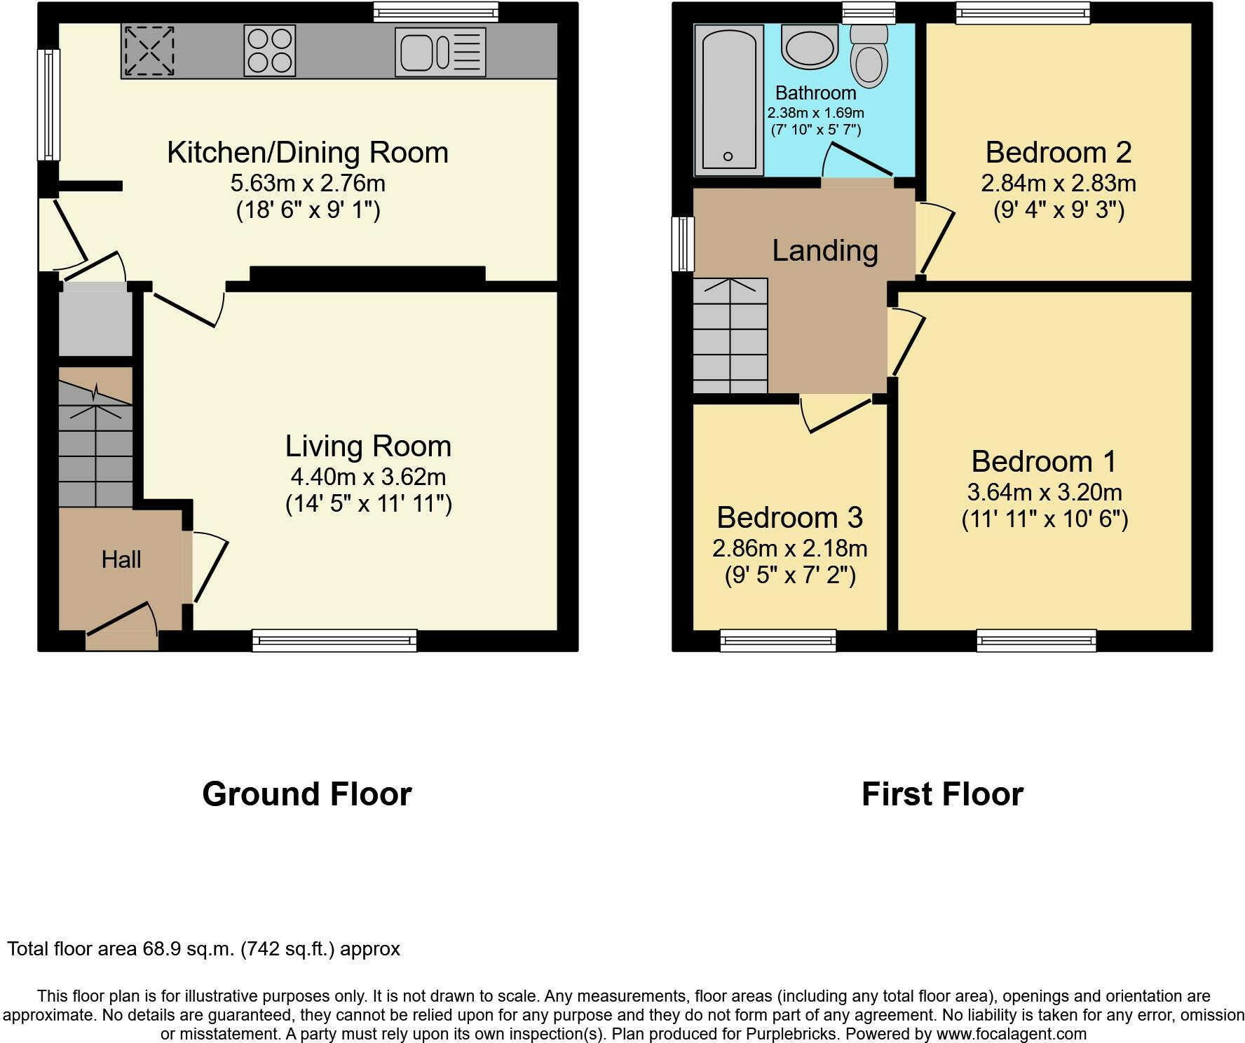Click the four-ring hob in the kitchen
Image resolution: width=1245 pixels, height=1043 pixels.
[x=270, y=50]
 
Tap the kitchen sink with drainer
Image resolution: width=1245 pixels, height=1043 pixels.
[x=440, y=52]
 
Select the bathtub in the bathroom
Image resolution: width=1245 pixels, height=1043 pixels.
[x=729, y=100]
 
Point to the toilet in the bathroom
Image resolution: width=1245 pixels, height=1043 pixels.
[x=869, y=57]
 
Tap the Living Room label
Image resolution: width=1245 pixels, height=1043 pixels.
[x=368, y=446]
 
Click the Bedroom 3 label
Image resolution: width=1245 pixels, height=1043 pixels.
[x=789, y=517]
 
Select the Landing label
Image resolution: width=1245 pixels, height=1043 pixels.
[x=825, y=250]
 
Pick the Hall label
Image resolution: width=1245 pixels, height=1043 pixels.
[x=121, y=559]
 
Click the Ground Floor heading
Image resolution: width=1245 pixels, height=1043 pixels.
[x=307, y=794]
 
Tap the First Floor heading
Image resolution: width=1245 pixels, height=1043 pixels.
[x=942, y=794]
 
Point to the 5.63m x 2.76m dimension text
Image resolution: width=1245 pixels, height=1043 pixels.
[x=308, y=184]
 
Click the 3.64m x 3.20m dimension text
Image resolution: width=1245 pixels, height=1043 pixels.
[x=1045, y=492]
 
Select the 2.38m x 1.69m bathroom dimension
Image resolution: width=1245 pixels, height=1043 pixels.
[x=816, y=113]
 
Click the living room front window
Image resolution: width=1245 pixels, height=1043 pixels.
[x=334, y=641]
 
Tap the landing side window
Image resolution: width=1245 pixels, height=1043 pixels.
[x=683, y=244]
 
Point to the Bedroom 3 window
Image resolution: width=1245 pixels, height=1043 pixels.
[x=778, y=641]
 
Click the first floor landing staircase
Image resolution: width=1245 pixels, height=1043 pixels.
[x=730, y=336]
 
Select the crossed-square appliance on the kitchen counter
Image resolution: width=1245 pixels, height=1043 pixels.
[x=149, y=50]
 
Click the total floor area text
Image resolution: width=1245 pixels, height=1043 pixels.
[x=203, y=949]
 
